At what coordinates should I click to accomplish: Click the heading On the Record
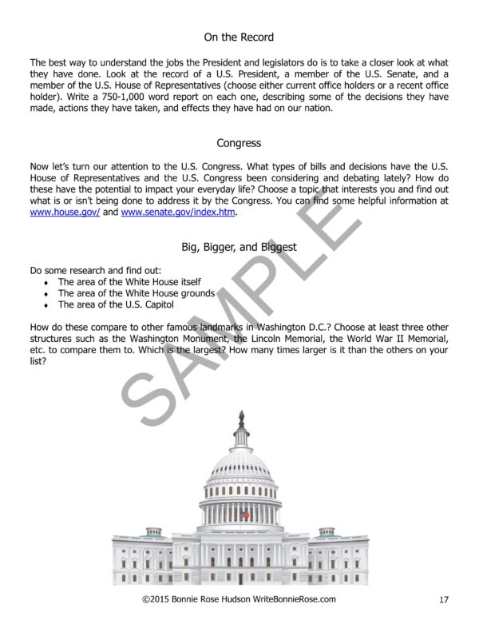click(239, 37)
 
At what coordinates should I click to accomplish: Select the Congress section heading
click(239, 144)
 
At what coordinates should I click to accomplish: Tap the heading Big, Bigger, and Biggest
click(239, 247)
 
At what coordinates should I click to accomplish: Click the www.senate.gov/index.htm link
click(179, 213)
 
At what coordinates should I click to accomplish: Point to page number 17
click(444, 599)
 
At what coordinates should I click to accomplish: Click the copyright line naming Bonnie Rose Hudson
click(239, 599)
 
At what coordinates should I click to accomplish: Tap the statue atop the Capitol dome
click(241, 419)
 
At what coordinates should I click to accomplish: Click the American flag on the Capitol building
click(244, 515)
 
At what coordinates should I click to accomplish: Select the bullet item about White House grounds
click(136, 293)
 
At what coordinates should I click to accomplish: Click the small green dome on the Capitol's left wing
click(154, 530)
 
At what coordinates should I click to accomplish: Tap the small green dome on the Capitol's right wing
click(327, 530)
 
